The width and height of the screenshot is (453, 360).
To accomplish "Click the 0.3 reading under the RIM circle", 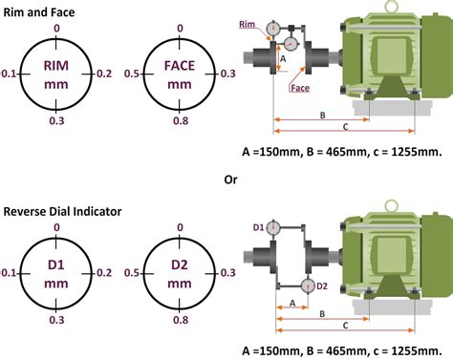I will point(57,121).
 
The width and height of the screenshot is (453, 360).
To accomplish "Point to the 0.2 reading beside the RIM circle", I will point(104,73).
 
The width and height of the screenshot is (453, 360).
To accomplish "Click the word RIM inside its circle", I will point(57,65).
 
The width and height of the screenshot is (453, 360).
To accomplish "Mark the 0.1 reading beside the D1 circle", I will point(10,273).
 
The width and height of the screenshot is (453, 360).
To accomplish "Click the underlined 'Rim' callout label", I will point(248,25).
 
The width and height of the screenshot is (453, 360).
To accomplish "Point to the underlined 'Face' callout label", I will point(297,88).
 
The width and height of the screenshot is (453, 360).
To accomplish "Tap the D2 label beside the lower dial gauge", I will point(322,286).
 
